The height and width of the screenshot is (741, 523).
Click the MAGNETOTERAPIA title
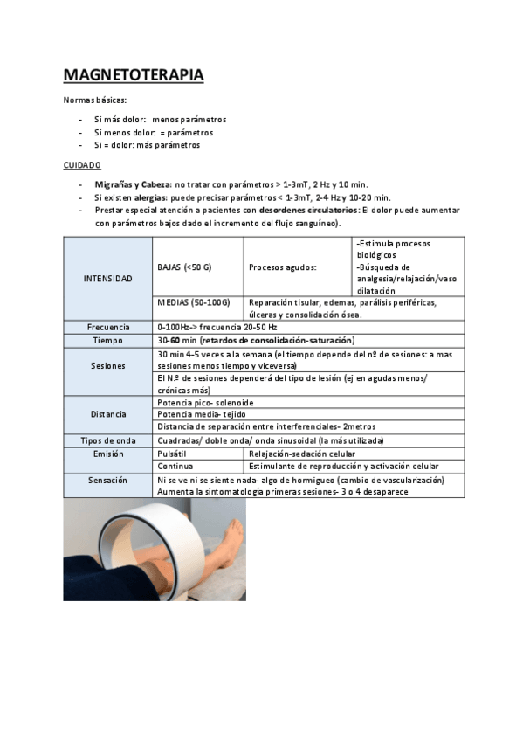point(134,75)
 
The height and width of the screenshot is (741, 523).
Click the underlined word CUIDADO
point(82,164)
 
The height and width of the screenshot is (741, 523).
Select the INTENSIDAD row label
point(108,279)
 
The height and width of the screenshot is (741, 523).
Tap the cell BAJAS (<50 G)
point(185,267)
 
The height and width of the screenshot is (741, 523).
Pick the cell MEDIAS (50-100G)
point(193,302)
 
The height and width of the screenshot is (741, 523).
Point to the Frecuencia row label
point(108,327)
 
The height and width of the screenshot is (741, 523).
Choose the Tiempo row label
point(108,340)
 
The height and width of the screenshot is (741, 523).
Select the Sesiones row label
point(108,366)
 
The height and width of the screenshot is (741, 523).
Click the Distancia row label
point(108,414)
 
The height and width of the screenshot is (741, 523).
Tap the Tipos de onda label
point(108,441)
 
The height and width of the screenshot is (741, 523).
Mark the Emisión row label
point(108,454)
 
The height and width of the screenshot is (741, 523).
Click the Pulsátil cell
point(172,454)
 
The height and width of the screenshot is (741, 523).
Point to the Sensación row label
point(108,481)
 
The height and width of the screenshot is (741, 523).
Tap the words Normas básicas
point(95,100)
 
